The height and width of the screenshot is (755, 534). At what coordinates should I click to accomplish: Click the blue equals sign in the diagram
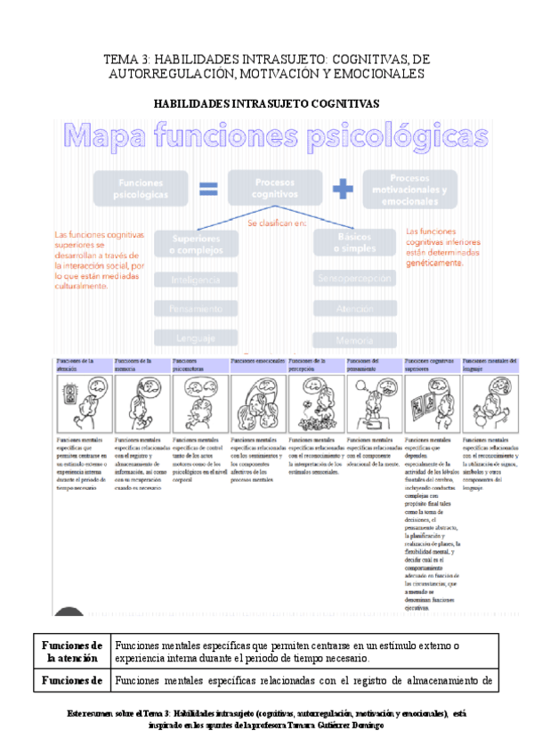tap(207, 188)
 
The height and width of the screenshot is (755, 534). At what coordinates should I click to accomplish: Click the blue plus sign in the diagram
tap(342, 188)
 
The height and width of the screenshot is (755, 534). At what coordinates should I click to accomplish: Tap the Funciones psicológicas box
tap(138, 188)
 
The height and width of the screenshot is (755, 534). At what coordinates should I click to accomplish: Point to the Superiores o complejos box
tap(195, 243)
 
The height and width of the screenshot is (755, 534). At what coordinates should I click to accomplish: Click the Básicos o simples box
tap(354, 243)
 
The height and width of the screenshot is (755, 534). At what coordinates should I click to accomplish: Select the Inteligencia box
tap(195, 280)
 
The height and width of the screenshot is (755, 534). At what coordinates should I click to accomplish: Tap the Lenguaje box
tap(195, 337)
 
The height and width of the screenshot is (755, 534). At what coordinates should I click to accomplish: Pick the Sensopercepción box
tap(354, 280)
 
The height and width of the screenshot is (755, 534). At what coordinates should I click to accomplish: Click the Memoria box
tap(354, 338)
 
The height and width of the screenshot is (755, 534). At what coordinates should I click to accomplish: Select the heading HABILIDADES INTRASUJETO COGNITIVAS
tap(266, 103)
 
